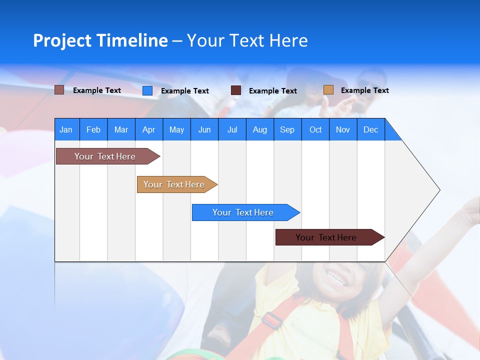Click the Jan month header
tap(66, 129)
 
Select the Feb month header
tap(93, 129)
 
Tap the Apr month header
tap(148, 129)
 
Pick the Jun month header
tap(204, 129)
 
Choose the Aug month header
tap(259, 129)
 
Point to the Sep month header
tap(287, 129)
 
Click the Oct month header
tap(315, 129)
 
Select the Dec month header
tap(370, 129)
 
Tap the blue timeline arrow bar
tap(243, 212)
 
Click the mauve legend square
tap(59, 90)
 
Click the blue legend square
tap(147, 90)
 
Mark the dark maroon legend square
tap(236, 90)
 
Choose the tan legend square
tap(328, 90)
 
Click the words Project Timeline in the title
tap(100, 40)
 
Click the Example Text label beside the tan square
tap(364, 90)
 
